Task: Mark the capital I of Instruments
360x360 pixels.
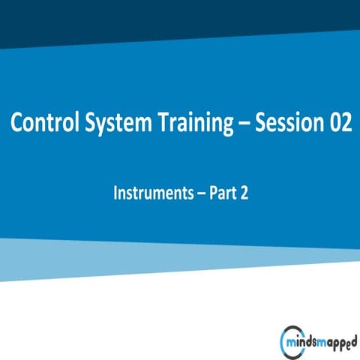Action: click(x=115, y=193)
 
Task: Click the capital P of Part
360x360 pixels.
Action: click(x=212, y=193)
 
